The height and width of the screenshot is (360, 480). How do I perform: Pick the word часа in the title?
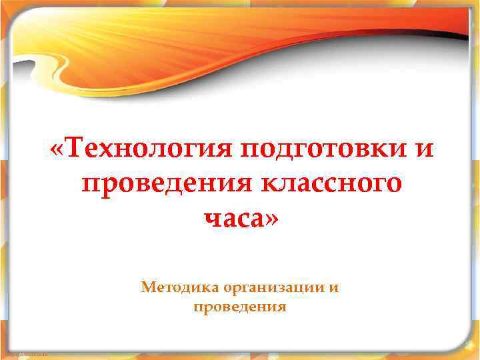231,217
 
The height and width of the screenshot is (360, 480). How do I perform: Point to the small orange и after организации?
333,289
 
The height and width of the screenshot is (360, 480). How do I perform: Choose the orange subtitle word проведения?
240,308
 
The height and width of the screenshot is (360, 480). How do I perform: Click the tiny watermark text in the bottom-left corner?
24,353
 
